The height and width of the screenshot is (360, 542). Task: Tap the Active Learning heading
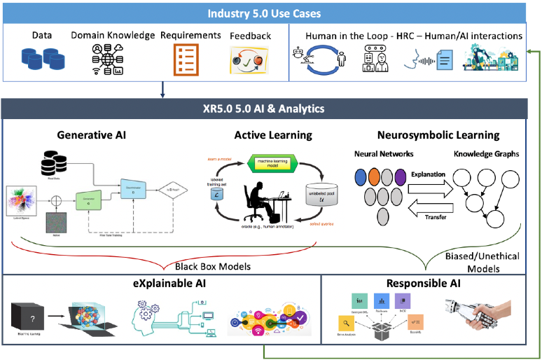[x=273, y=136]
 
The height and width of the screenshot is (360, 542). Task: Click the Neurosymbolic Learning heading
[x=438, y=136]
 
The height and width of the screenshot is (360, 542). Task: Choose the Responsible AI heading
[x=425, y=283]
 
